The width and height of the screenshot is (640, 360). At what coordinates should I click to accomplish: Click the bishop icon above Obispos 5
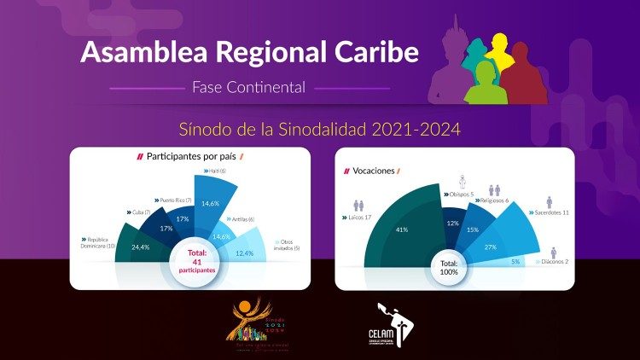coord(462,181)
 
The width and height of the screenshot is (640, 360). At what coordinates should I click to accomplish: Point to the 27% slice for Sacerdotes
coord(492,247)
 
